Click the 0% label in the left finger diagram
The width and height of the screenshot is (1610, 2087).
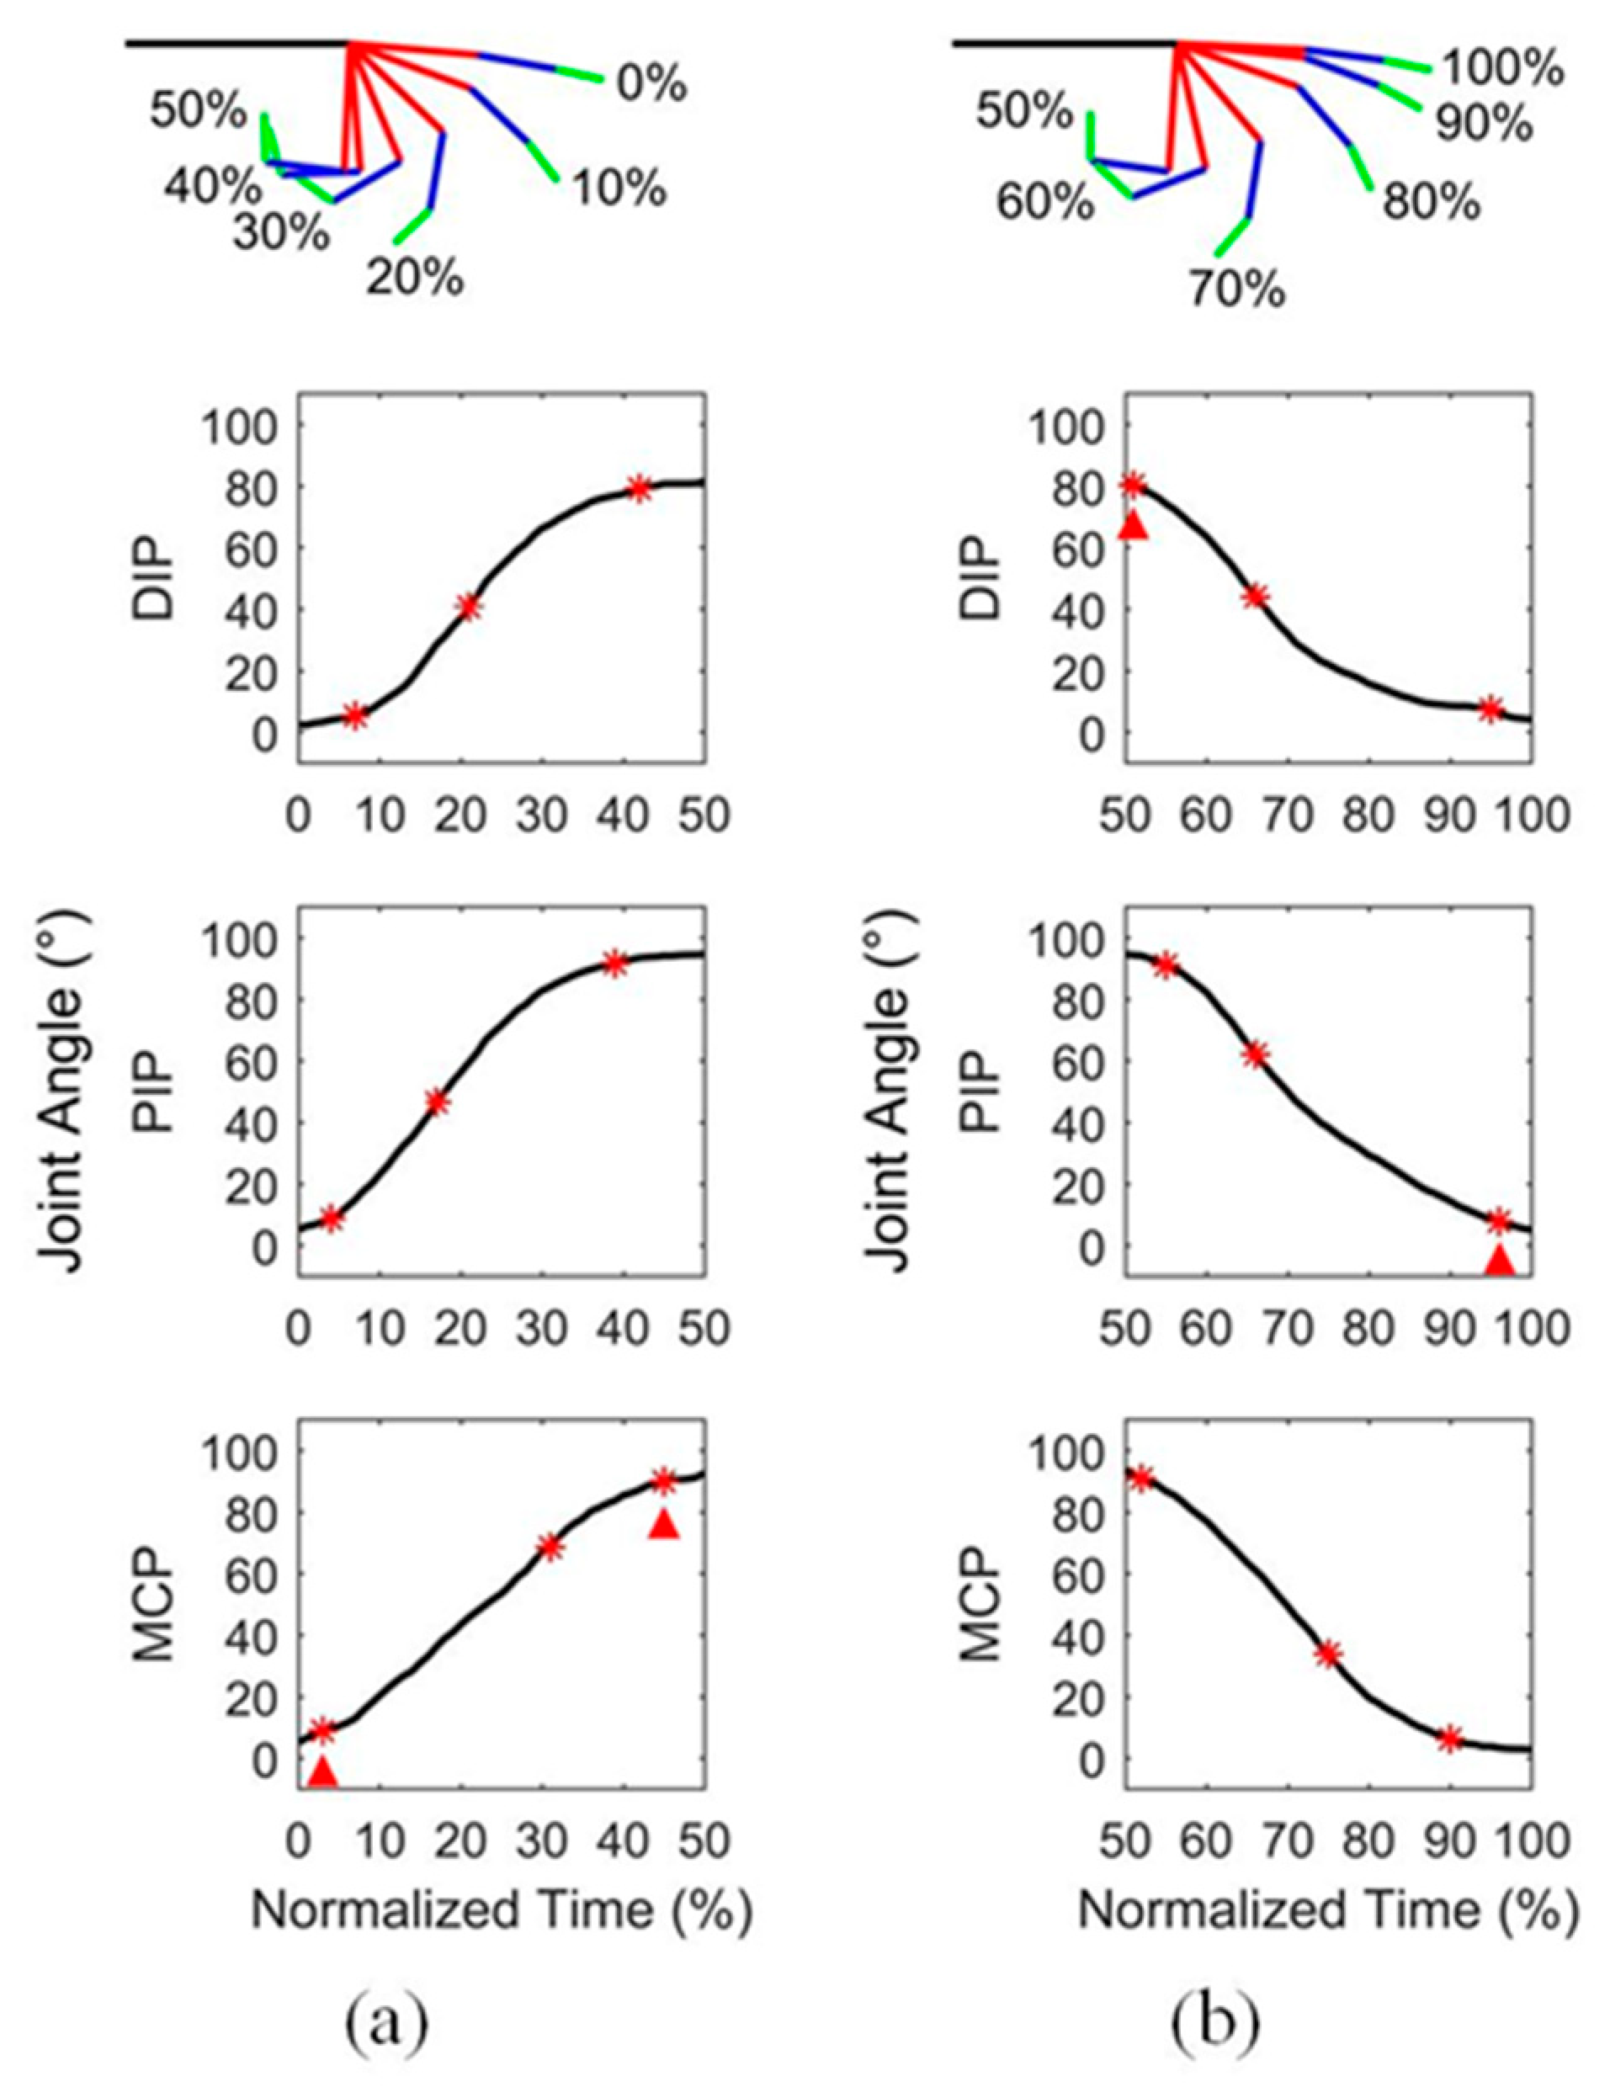click(651, 85)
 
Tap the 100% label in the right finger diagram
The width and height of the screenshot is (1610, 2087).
click(1501, 70)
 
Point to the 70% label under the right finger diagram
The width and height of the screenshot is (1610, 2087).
click(1235, 288)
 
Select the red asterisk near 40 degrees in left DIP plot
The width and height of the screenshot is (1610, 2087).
click(468, 608)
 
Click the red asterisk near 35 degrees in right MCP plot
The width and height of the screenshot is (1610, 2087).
click(1328, 1654)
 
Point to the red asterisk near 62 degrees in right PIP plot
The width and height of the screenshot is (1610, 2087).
click(1256, 1054)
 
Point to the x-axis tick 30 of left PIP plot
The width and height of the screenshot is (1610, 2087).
click(545, 1330)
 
